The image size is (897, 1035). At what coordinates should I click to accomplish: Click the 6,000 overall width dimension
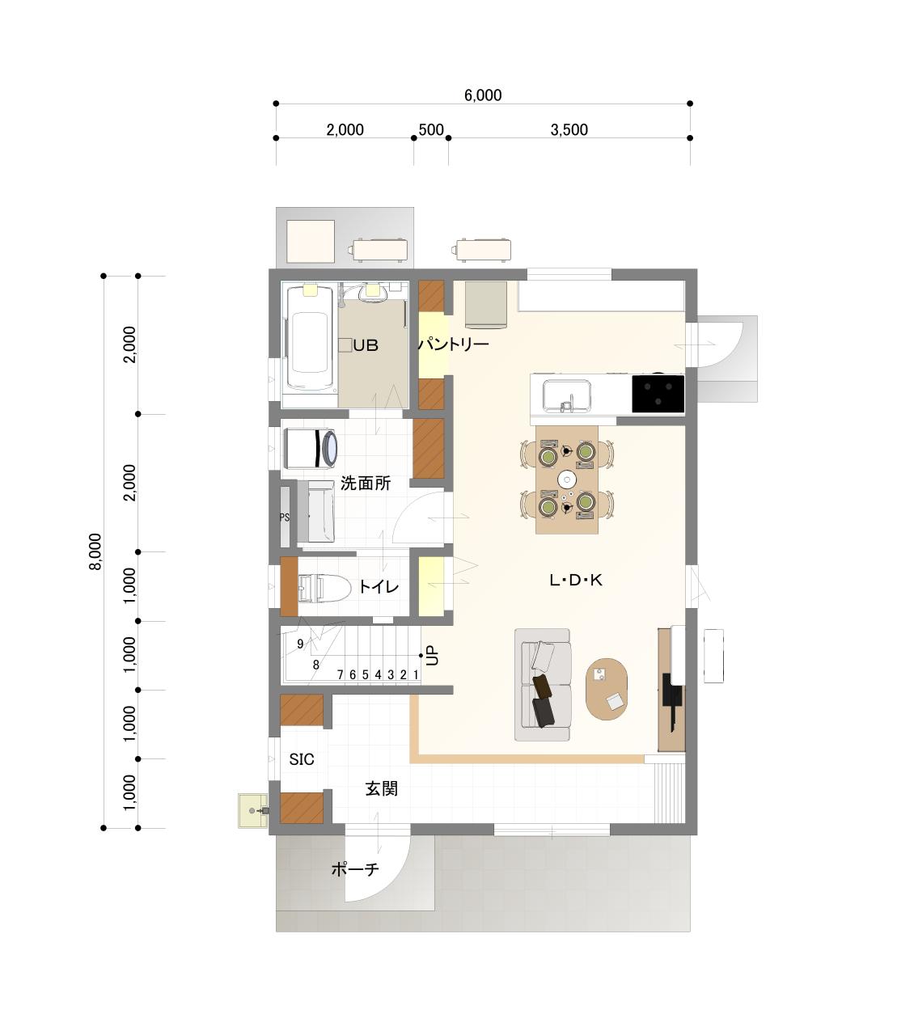click(483, 95)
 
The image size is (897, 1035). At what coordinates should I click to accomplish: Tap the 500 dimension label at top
click(431, 129)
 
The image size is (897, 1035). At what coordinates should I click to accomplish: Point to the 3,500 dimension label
click(569, 129)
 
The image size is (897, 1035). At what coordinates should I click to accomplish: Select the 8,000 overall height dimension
click(95, 551)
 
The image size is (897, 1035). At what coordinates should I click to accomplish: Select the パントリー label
click(454, 344)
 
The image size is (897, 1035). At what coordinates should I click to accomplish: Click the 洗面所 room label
click(366, 484)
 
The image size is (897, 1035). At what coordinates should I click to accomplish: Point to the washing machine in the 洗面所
click(311, 448)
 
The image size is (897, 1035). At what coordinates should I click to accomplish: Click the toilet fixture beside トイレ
click(324, 587)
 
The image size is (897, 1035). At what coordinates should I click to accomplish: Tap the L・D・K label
click(576, 581)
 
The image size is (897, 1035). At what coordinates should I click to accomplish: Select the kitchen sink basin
click(566, 396)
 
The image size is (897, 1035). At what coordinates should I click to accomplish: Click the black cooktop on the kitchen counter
click(658, 394)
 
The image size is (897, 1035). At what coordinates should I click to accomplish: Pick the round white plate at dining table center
click(567, 480)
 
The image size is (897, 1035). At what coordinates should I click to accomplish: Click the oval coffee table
click(607, 689)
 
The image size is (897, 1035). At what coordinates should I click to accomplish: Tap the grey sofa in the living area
click(543, 685)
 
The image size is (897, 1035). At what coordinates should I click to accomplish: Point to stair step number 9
click(300, 644)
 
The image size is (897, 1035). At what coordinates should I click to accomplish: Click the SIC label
click(302, 759)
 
